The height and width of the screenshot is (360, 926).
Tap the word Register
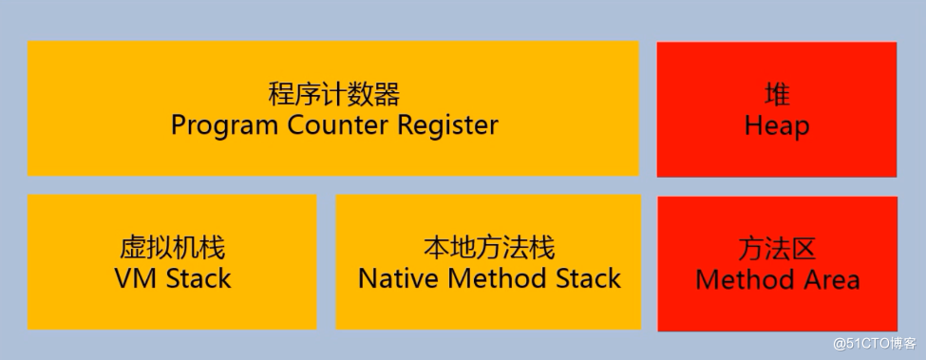click(x=446, y=125)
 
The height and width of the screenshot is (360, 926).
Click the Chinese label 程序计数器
click(x=334, y=95)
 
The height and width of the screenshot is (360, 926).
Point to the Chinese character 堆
click(x=777, y=95)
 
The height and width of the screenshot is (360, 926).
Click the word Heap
click(x=777, y=125)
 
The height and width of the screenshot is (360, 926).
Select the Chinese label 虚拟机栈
click(x=173, y=249)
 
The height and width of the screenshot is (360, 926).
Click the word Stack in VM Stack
click(x=196, y=278)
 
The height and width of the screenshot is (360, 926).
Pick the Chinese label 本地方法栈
click(x=488, y=249)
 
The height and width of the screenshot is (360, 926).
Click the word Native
click(x=397, y=278)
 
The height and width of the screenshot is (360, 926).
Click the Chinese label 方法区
click(x=777, y=249)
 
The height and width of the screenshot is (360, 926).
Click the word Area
click(x=829, y=279)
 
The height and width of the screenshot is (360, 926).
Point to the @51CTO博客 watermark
click(x=874, y=343)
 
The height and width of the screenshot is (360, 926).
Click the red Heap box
click(x=777, y=152)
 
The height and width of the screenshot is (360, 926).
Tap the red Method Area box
click(x=777, y=309)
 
